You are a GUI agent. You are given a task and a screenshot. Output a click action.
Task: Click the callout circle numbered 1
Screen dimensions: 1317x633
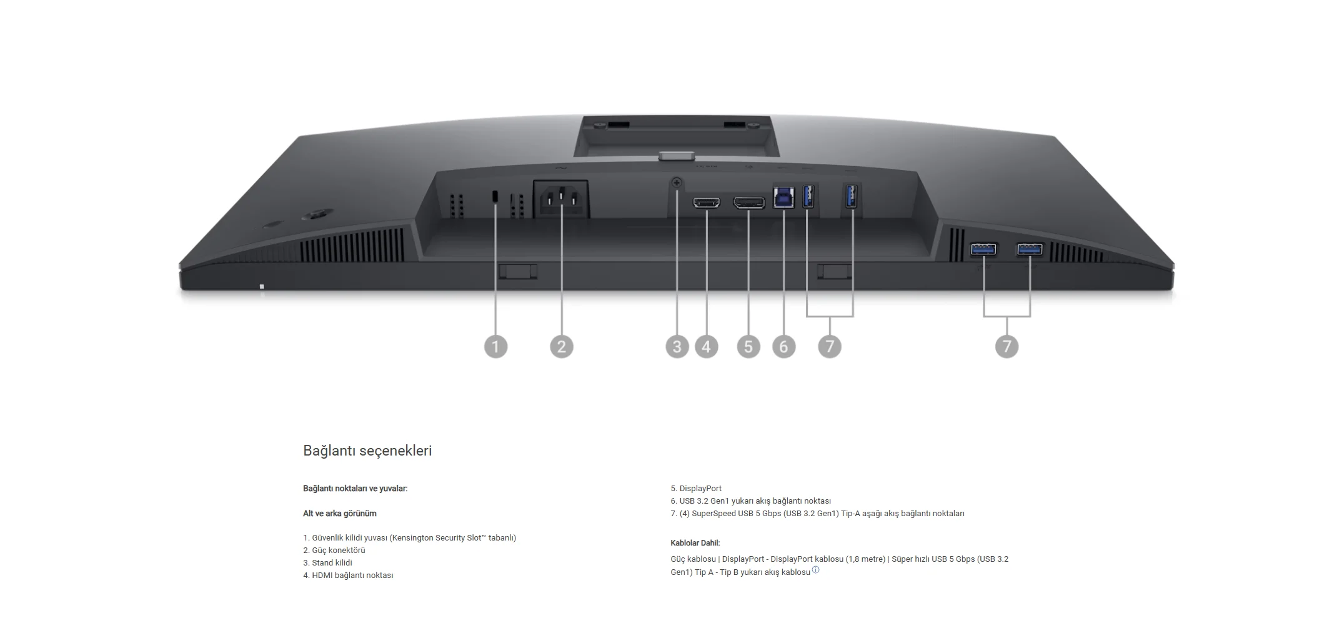(x=496, y=346)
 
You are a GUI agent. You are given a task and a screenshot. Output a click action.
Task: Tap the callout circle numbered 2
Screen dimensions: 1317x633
(x=562, y=346)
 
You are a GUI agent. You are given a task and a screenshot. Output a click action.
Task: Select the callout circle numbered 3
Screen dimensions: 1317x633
(x=677, y=346)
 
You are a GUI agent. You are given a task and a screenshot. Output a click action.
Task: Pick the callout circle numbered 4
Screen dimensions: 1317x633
(x=707, y=346)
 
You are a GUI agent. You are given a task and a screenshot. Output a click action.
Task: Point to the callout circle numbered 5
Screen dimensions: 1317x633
(x=748, y=346)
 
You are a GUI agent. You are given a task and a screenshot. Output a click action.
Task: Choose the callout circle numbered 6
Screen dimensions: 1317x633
(x=784, y=346)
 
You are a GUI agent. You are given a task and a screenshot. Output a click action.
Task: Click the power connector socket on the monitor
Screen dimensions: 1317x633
(x=560, y=199)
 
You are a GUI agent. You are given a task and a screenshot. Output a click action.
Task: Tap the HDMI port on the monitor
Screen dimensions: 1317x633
(x=707, y=202)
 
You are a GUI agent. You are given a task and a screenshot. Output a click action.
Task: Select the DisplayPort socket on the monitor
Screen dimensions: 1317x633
(x=748, y=202)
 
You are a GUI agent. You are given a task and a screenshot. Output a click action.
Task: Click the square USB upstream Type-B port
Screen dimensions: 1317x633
(x=783, y=197)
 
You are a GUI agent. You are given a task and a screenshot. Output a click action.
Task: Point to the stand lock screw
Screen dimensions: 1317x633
(x=677, y=183)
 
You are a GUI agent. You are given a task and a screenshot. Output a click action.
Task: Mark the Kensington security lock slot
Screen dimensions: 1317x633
(x=496, y=196)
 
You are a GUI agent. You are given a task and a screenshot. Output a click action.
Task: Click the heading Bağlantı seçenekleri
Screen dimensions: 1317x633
(x=367, y=451)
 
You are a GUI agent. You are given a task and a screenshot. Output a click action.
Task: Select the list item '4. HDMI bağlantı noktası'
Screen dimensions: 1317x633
(x=348, y=575)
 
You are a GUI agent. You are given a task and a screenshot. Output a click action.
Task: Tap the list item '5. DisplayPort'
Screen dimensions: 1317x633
(x=696, y=488)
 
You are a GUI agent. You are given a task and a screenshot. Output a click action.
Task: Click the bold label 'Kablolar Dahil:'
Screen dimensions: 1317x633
(x=695, y=543)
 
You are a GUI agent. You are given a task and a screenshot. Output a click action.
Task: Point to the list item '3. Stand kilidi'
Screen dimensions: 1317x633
(x=327, y=562)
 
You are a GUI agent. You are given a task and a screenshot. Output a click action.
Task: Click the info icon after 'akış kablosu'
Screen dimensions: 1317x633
(x=815, y=570)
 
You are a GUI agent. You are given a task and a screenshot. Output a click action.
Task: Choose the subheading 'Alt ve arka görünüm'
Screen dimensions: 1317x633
(x=340, y=514)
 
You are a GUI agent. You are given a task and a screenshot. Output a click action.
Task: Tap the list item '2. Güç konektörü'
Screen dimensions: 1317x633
(x=334, y=550)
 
